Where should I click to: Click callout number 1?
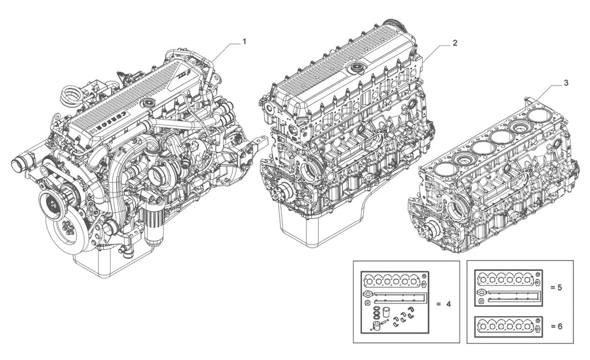click(x=244, y=41)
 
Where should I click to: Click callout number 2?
click(x=455, y=43)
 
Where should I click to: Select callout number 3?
click(x=566, y=83)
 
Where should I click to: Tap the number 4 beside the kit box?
click(x=448, y=304)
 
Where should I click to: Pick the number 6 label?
click(x=559, y=326)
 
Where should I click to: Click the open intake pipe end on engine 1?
click(x=17, y=165)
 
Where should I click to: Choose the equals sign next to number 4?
click(x=438, y=304)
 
